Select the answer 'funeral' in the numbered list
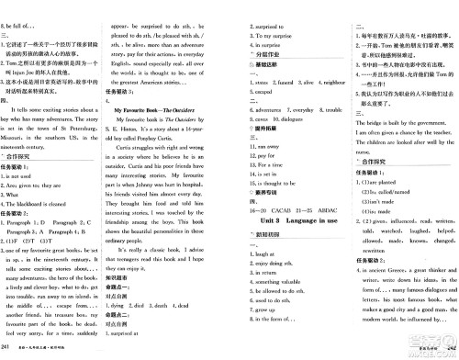(277, 83)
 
